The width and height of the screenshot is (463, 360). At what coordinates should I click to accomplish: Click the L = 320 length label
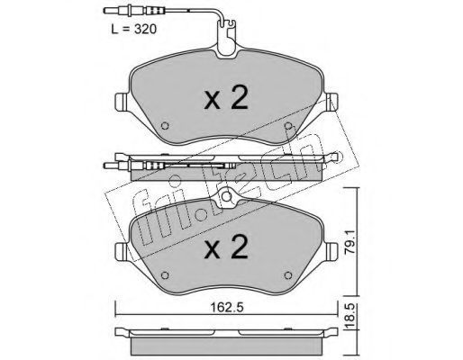click(x=133, y=30)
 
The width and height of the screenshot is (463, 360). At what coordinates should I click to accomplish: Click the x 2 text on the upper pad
click(x=226, y=97)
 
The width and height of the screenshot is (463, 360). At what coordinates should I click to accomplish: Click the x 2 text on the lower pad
click(x=226, y=247)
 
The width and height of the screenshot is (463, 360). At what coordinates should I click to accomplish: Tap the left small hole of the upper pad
click(x=165, y=126)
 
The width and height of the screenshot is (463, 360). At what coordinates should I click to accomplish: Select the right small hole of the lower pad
click(x=288, y=275)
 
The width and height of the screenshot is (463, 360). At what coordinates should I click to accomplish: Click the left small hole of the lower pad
click(x=165, y=275)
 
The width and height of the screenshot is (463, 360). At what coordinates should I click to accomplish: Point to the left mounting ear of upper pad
click(x=123, y=103)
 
